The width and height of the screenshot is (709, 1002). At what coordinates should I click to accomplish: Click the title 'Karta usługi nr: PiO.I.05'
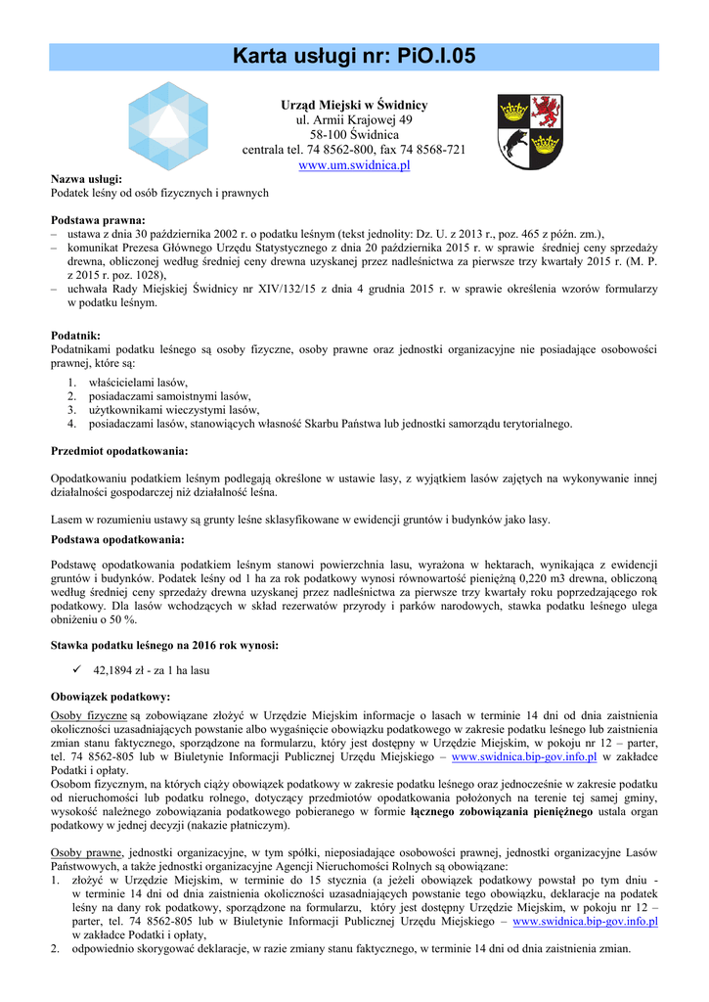[x=354, y=57]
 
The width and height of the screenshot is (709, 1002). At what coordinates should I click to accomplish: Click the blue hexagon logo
[x=169, y=125]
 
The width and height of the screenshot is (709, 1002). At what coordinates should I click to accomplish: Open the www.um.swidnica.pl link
[x=354, y=165]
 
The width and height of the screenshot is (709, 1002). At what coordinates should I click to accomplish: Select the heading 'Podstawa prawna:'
[x=97, y=220]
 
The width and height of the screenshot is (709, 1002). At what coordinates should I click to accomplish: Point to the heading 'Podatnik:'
[x=77, y=336]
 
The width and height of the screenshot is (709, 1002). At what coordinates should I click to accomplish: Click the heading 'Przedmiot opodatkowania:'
[x=118, y=451]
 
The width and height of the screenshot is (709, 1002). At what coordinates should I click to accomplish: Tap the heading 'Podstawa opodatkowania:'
[x=117, y=539]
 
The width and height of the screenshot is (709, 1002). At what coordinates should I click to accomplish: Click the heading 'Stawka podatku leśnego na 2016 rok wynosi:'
[x=164, y=645]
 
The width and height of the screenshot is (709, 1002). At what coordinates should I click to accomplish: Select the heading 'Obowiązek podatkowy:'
[x=110, y=697]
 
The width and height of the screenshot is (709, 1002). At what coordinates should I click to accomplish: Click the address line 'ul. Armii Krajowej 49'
[x=354, y=119]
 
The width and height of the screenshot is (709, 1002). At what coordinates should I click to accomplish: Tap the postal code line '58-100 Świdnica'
[x=354, y=134]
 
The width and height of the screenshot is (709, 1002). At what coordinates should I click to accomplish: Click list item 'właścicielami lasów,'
[x=138, y=382]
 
